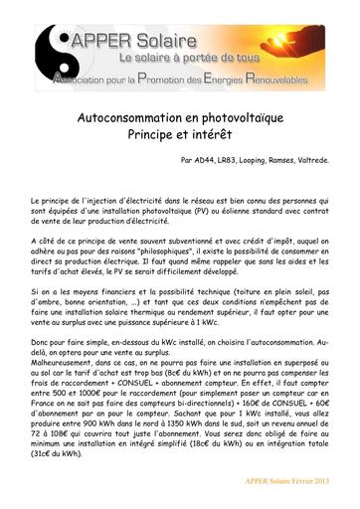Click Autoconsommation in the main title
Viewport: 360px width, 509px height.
click(x=138, y=117)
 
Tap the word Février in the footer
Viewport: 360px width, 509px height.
click(x=299, y=481)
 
